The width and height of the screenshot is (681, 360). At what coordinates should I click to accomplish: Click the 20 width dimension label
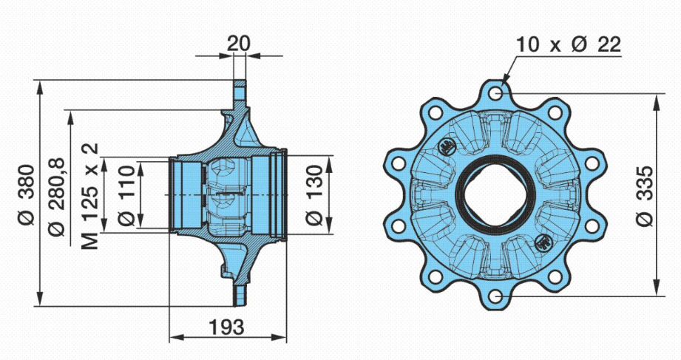click(238, 44)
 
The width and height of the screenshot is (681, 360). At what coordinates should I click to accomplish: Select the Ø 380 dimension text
click(27, 194)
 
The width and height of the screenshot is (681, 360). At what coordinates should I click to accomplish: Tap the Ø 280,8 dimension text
click(57, 197)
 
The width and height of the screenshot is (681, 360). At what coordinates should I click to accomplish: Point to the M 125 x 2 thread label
click(90, 197)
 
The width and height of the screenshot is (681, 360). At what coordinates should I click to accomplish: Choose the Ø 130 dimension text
click(315, 194)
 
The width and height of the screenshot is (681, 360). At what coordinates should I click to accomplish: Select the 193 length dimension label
click(227, 327)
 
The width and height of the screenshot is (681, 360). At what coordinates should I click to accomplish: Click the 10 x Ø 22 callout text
click(568, 44)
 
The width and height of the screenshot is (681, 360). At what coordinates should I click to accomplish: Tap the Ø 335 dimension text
click(646, 195)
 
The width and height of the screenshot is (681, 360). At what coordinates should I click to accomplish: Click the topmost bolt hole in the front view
click(495, 92)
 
